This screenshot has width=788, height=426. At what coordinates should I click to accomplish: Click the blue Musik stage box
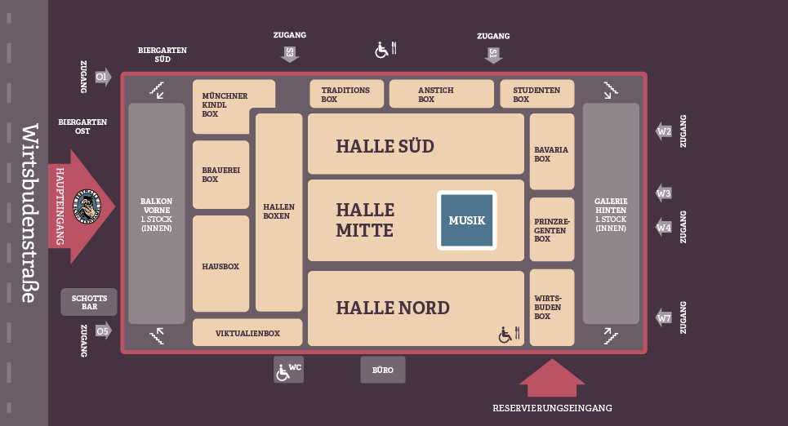click(x=467, y=220)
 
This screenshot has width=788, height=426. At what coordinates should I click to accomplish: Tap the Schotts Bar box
click(x=89, y=302)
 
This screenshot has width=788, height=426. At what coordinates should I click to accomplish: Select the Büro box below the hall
click(x=383, y=370)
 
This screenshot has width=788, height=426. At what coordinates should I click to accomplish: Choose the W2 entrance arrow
click(x=665, y=131)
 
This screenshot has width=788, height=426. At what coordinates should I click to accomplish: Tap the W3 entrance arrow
click(x=665, y=193)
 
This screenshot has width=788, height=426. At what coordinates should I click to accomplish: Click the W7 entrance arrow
click(x=665, y=317)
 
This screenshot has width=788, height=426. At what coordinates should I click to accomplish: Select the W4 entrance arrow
click(x=665, y=227)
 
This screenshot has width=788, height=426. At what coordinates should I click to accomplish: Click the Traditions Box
click(x=346, y=94)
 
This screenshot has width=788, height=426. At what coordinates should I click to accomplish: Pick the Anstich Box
click(x=442, y=94)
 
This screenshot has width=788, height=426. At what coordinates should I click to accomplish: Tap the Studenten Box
click(x=537, y=94)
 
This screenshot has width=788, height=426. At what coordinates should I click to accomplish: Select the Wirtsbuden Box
click(x=552, y=307)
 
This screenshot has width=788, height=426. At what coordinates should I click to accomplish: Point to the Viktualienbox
click(x=247, y=333)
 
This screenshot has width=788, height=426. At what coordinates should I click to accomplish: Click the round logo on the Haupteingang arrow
click(x=86, y=205)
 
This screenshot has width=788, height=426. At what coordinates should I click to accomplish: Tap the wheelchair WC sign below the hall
click(x=288, y=370)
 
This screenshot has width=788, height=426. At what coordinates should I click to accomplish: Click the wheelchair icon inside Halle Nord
click(x=506, y=334)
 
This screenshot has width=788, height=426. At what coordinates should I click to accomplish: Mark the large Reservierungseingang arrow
click(x=552, y=378)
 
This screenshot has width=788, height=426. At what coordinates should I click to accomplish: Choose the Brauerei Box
click(x=220, y=174)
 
